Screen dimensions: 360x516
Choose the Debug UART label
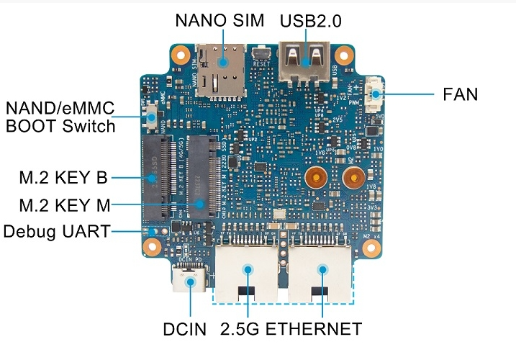(57, 232)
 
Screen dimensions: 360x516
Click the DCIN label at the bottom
(184, 330)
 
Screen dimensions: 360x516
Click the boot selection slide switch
(153, 117)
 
